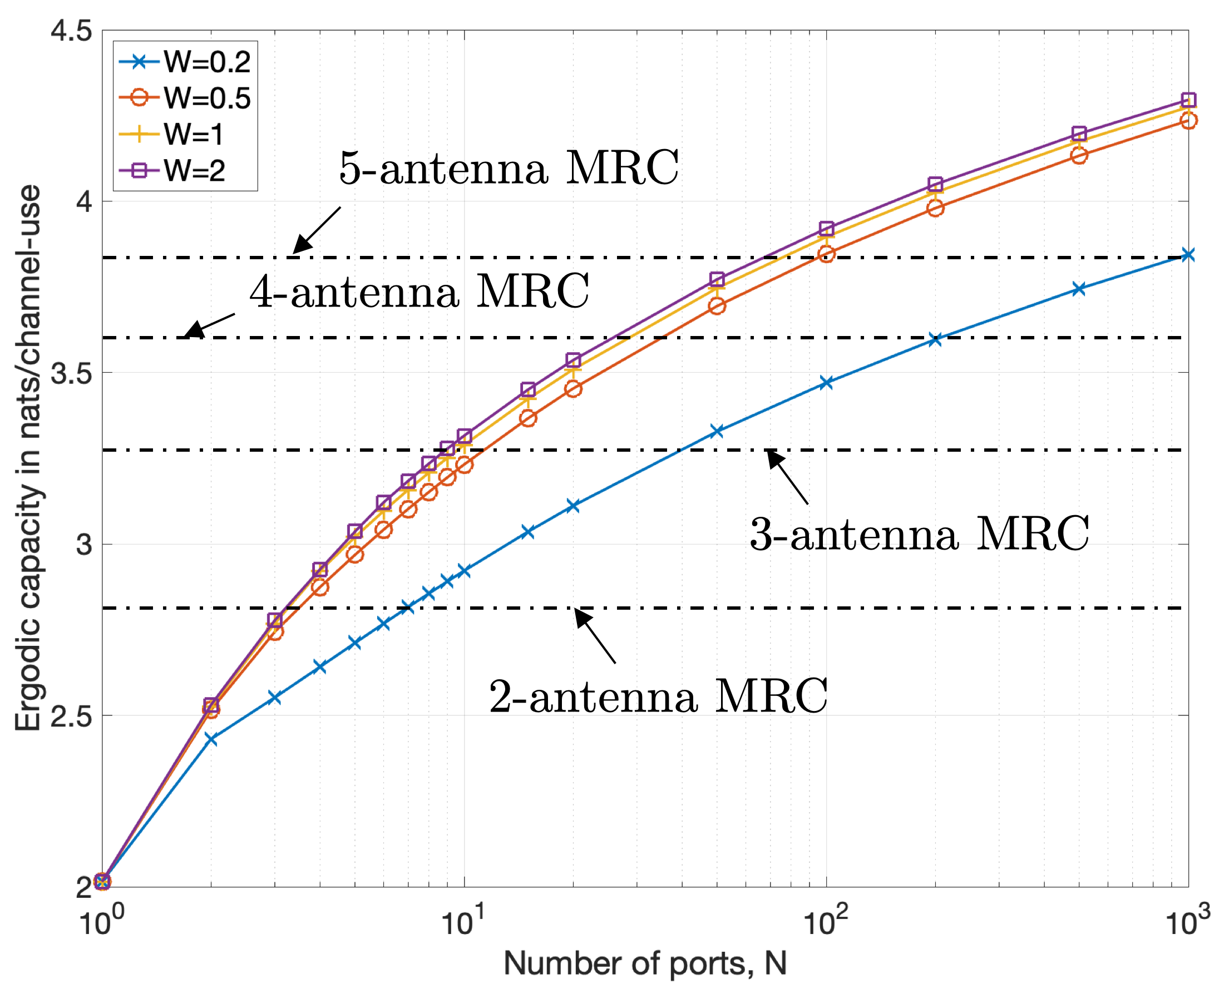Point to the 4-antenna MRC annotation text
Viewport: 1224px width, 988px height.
[419, 292]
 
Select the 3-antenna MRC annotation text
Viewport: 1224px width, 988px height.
[919, 534]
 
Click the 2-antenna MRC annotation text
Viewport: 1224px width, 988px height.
[658, 696]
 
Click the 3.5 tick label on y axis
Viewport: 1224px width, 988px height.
[71, 373]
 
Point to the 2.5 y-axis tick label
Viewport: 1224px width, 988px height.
[71, 716]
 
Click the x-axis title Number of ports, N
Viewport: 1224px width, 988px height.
[645, 963]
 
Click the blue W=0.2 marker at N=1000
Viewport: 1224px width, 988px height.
[1188, 254]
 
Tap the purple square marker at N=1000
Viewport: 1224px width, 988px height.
[1188, 100]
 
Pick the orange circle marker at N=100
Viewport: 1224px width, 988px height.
[826, 254]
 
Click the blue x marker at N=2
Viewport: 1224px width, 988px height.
[211, 739]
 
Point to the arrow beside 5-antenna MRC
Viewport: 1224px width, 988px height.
[317, 230]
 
